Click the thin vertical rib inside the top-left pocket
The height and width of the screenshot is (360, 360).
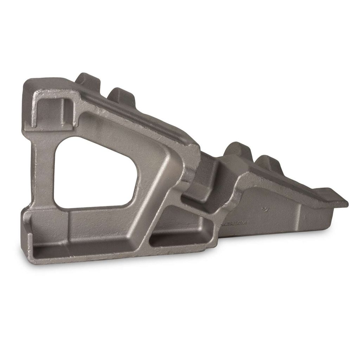point(65,111)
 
